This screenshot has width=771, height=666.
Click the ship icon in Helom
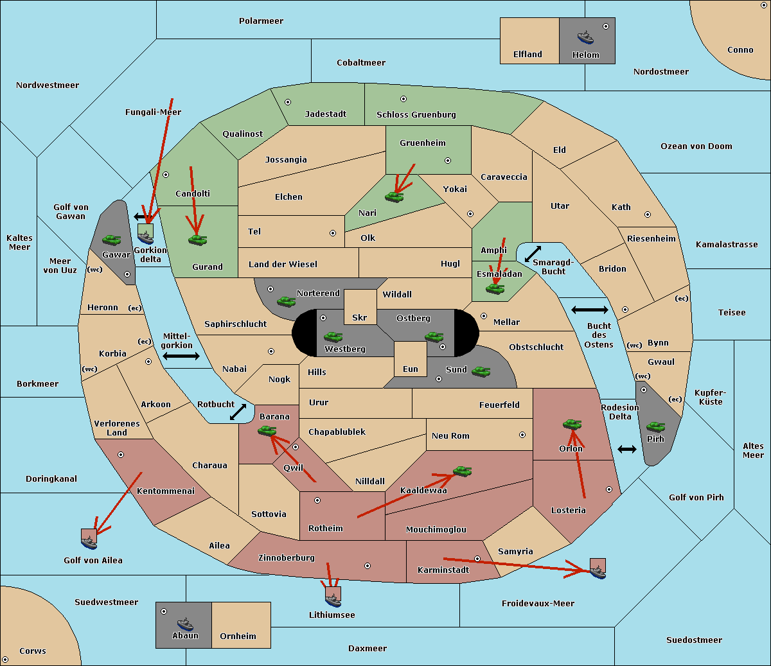585,37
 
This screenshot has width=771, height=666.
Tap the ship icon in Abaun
185,624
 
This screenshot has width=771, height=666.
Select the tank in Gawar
112,240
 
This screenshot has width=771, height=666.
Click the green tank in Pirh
655,426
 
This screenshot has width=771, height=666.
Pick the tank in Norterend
286,301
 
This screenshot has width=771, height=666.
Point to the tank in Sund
481,371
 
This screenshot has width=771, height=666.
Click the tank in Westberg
333,337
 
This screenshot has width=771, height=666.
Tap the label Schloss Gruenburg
416,114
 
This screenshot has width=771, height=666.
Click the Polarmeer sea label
261,21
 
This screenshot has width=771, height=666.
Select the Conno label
740,49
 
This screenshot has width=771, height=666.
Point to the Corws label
33,651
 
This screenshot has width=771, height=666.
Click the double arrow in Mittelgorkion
181,356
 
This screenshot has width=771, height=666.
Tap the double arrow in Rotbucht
238,412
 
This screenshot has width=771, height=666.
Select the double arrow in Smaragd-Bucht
533,254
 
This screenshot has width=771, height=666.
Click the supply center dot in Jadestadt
288,102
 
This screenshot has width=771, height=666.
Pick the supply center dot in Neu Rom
522,435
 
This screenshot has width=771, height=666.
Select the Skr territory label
360,317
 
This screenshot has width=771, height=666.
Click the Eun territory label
411,369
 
